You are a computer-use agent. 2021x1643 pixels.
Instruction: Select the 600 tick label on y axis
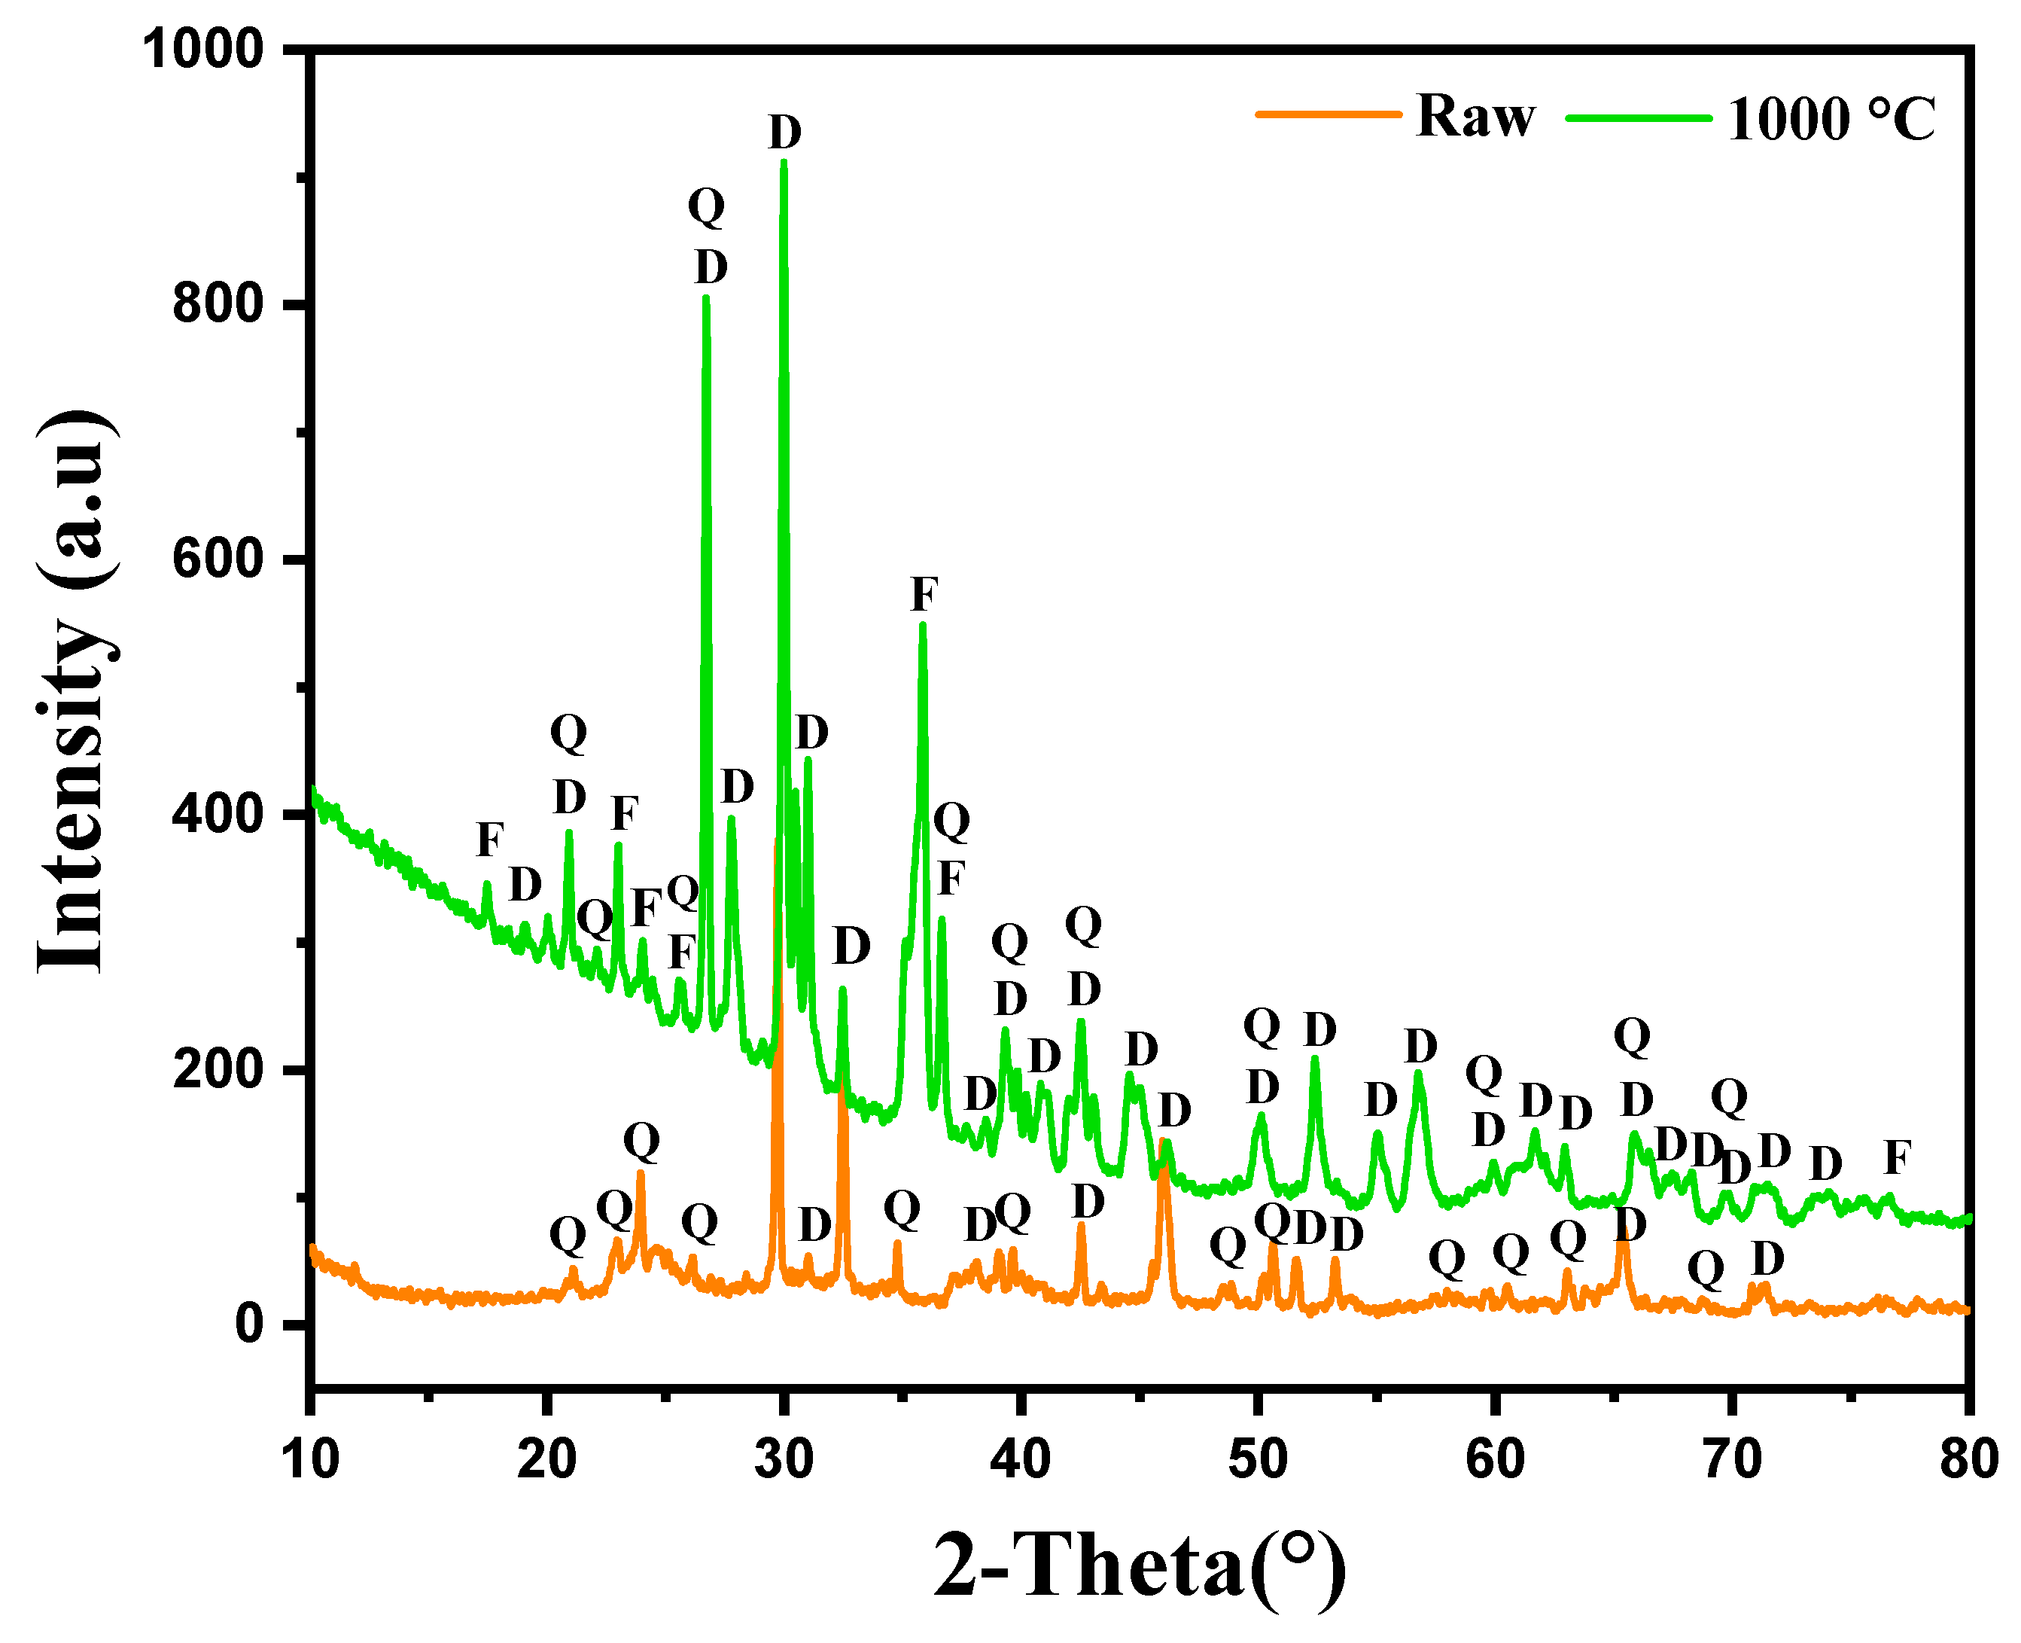click(x=217, y=559)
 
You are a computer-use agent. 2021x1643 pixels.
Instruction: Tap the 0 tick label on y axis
click(x=250, y=1323)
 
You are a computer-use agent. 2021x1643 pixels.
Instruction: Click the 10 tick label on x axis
click(x=310, y=1459)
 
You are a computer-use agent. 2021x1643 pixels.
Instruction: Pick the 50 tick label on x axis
click(x=1258, y=1459)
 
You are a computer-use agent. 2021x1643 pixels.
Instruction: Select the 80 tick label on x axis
click(x=1968, y=1459)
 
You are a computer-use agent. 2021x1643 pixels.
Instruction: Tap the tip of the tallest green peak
click(x=784, y=163)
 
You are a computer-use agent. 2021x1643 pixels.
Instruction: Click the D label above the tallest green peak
click(x=784, y=133)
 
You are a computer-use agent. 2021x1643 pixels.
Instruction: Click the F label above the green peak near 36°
click(x=924, y=594)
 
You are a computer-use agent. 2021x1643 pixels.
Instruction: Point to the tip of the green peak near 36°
click(x=923, y=623)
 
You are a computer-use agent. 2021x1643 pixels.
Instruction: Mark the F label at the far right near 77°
click(x=1897, y=1157)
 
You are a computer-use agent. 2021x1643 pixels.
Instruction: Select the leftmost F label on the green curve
click(x=489, y=840)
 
